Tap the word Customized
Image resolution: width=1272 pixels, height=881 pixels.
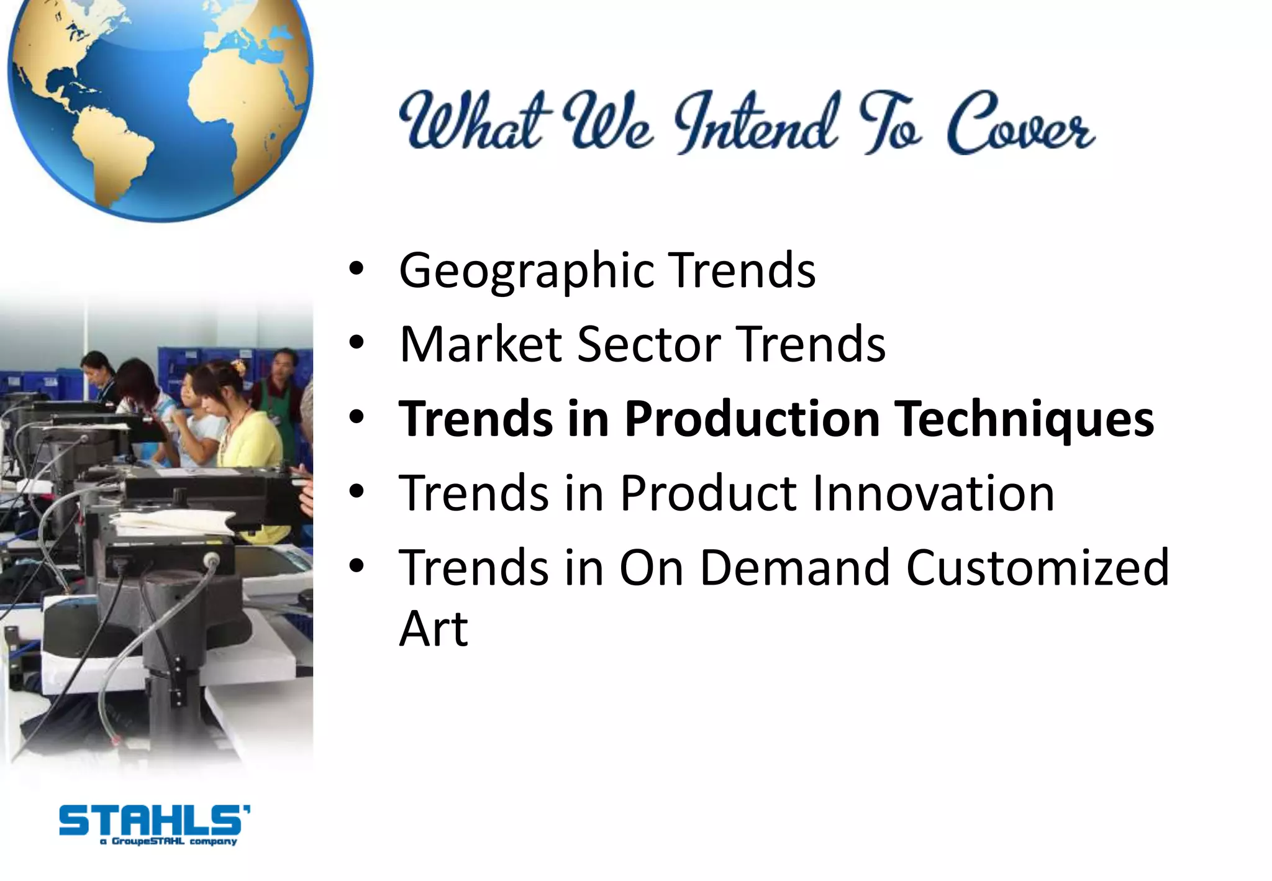[1037, 567]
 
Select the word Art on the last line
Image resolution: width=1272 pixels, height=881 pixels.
[433, 629]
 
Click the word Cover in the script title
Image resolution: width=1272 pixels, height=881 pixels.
[1020, 124]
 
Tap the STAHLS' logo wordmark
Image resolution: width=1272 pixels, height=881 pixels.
[154, 820]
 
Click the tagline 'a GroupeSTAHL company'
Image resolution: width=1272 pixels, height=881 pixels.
[168, 842]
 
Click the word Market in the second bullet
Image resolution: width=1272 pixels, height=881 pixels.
[481, 345]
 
